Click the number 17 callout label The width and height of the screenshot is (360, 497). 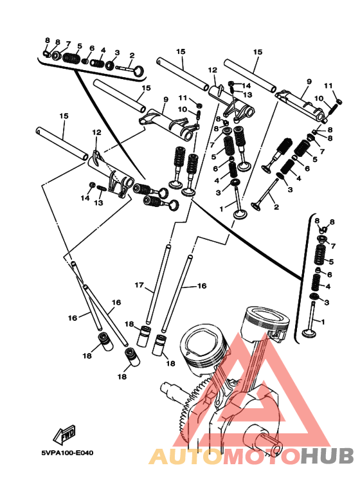pos(139,285)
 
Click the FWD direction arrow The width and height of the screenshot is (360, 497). pos(64,433)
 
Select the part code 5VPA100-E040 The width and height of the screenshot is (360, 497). pos(67,453)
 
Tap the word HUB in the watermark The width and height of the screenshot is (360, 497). pos(327,456)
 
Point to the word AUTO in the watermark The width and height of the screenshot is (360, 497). pos(186,456)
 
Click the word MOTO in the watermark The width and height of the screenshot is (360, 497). pos(262,456)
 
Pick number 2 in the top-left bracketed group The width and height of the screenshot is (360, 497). pos(132,55)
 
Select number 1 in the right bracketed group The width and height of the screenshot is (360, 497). pos(323,322)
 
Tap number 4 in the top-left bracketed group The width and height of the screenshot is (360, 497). pos(103,50)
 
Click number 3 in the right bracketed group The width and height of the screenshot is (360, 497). pos(327,302)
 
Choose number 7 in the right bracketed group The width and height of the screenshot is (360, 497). pos(333,246)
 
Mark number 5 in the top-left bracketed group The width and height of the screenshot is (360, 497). pos(79,46)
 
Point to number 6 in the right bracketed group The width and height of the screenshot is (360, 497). pos(330,275)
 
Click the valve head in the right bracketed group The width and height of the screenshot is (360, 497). pos(307,334)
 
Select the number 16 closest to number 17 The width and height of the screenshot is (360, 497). pos(202,285)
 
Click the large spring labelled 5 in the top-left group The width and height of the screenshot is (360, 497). pos(71,58)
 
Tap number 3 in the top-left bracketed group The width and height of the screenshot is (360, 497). pos(117,52)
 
